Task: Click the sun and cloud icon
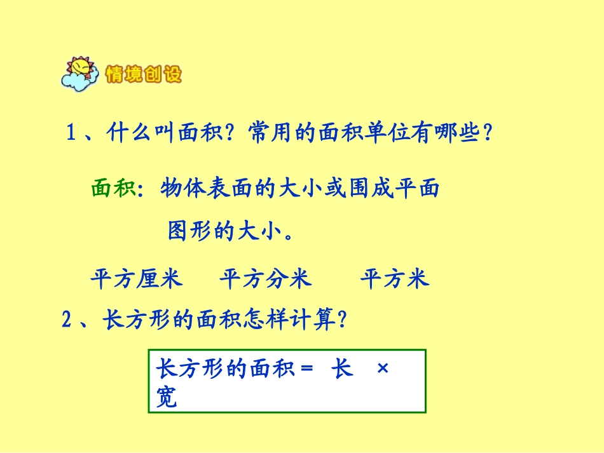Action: [80, 74]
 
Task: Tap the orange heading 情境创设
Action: [144, 75]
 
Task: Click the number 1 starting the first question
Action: [71, 134]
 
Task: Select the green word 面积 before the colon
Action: [113, 189]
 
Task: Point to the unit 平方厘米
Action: [136, 279]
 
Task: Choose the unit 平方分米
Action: [265, 279]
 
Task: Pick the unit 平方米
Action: [395, 279]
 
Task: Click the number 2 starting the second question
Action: [67, 320]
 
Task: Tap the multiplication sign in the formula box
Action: [382, 369]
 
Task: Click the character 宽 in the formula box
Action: [167, 398]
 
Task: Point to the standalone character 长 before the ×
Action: [342, 369]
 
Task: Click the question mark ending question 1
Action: [487, 134]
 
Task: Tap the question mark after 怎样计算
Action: [342, 320]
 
